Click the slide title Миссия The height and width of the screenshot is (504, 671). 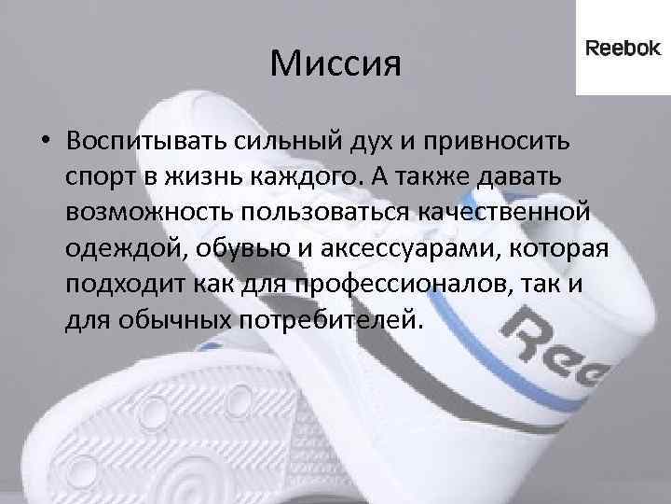(x=335, y=65)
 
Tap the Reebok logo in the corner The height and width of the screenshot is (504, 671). (x=622, y=49)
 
